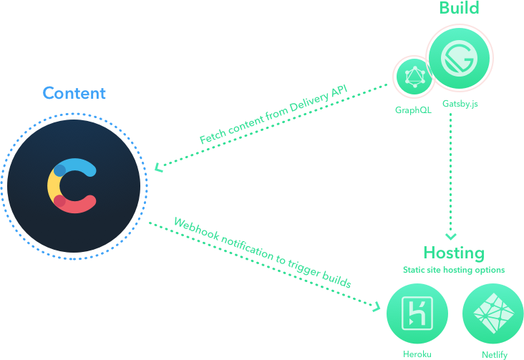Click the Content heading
click(74, 93)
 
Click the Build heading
click(459, 8)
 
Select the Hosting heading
click(454, 253)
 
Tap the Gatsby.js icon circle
click(459, 58)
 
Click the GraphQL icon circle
click(414, 77)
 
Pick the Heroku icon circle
click(417, 313)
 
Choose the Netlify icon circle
click(493, 313)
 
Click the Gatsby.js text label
click(460, 104)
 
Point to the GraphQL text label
click(413, 110)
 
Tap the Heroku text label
click(417, 354)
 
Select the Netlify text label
click(495, 355)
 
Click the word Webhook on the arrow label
click(197, 228)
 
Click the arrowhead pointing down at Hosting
click(451, 236)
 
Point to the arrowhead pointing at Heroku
click(377, 306)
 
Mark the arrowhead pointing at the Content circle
click(158, 167)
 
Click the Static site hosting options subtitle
click(454, 270)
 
